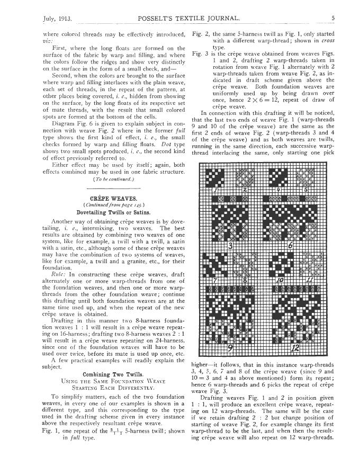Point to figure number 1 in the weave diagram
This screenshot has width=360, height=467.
216,189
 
